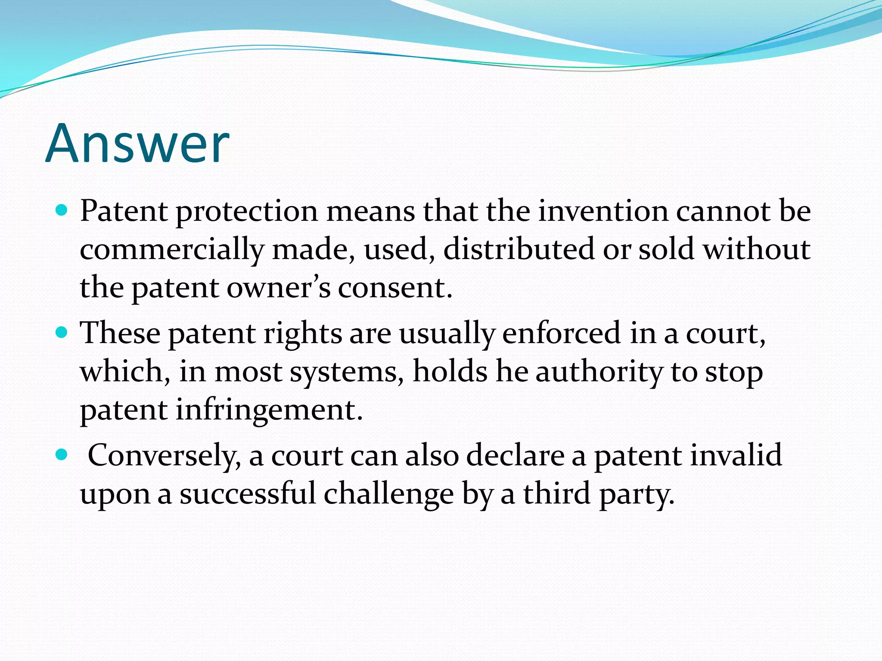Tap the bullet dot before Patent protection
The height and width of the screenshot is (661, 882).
point(62,210)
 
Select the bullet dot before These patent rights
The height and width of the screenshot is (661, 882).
point(62,332)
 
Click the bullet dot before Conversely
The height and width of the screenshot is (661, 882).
point(62,454)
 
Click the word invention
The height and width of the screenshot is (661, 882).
point(602,211)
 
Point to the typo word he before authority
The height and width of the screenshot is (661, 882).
point(512,371)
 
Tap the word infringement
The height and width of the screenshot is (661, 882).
point(269,410)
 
